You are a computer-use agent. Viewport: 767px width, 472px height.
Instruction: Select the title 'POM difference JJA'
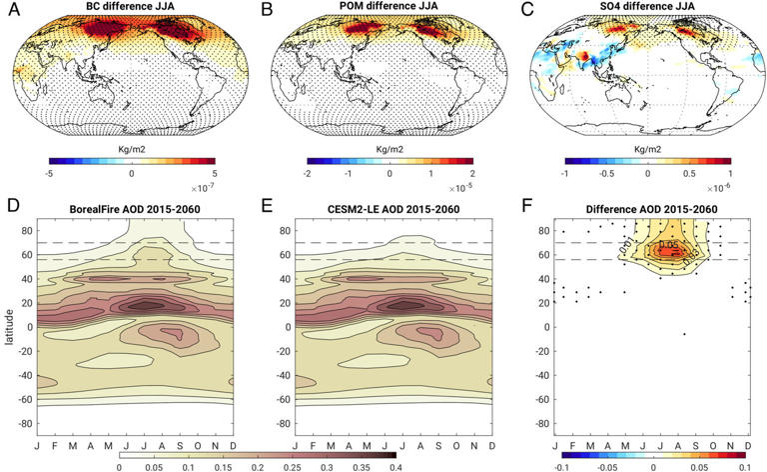tap(387, 9)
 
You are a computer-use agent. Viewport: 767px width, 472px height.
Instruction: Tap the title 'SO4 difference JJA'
tap(644, 9)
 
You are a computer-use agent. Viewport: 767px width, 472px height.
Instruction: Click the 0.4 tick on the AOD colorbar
tap(396, 466)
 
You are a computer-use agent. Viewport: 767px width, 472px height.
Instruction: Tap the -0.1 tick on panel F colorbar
tap(562, 466)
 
